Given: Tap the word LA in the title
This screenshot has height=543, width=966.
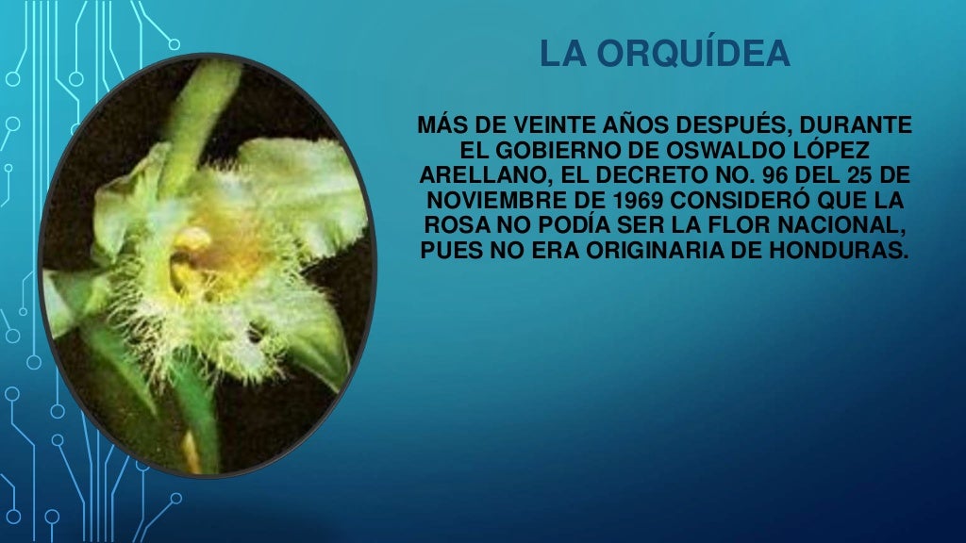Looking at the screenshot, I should click(x=559, y=56).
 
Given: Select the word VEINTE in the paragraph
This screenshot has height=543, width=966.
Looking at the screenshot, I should click(x=557, y=126).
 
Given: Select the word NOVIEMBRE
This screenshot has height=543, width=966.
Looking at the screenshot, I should click(x=492, y=203).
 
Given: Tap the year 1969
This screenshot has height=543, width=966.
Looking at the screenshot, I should click(x=627, y=203).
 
